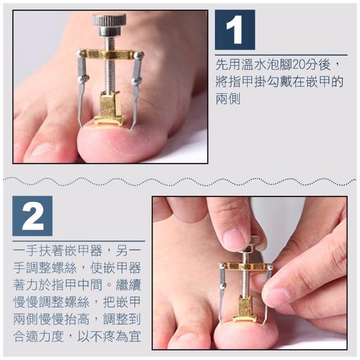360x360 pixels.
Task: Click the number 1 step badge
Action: coord(235,30)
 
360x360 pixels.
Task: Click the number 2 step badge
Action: coord(33,216)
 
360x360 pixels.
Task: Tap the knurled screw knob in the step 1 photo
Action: coord(109,24)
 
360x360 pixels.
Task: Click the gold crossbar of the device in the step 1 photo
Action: coord(110,55)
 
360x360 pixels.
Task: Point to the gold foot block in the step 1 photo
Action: coord(110,109)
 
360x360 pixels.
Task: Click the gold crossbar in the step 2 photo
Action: coord(246,266)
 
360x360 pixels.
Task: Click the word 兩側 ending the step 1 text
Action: coord(228,99)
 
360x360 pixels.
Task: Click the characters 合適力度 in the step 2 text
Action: coord(38,336)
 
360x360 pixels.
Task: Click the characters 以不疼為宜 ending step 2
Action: coord(109,336)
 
